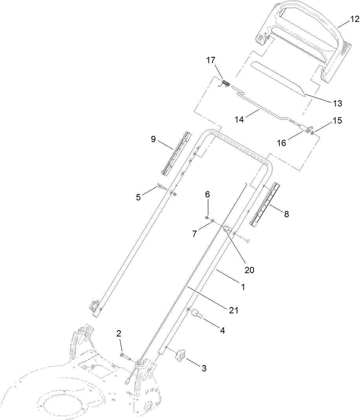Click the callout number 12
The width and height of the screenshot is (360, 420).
point(355,18)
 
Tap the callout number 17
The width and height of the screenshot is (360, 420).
point(211,60)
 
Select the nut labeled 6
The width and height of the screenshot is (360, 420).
point(207,217)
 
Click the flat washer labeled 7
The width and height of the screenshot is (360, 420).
point(212,222)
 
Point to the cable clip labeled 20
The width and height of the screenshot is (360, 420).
point(227,229)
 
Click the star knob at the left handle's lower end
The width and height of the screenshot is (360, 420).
point(93,304)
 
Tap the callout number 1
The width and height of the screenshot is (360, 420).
point(243,287)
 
